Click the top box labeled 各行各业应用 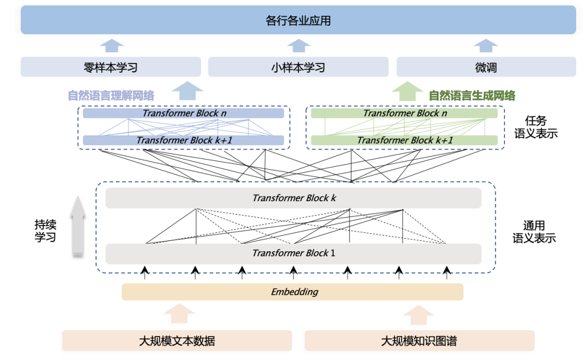[298, 21]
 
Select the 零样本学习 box [111, 67]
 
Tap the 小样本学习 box [298, 67]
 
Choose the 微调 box [486, 67]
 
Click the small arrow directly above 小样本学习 [298, 46]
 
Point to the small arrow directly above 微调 [486, 46]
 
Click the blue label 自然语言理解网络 [111, 96]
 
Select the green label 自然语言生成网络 [472, 96]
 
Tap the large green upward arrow [407, 91]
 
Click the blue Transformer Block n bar [183, 113]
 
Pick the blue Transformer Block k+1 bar [183, 140]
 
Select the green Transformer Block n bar [404, 113]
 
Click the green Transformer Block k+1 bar [404, 140]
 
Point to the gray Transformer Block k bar [293, 198]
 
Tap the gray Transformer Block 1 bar [293, 253]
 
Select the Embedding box [292, 292]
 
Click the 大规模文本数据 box [177, 341]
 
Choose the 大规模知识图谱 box [419, 341]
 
